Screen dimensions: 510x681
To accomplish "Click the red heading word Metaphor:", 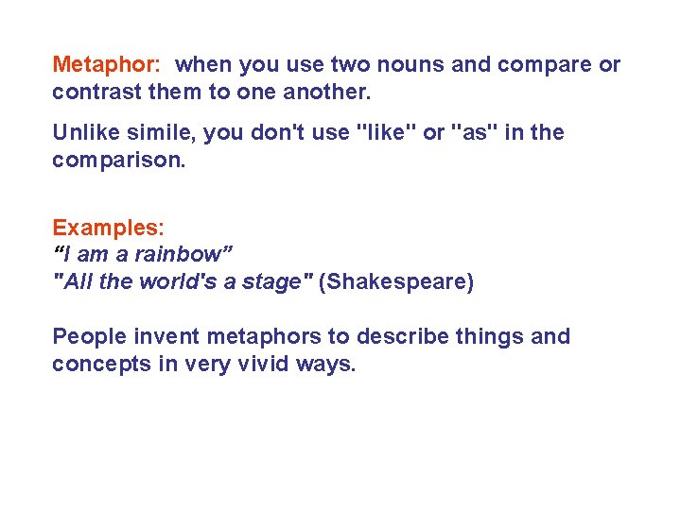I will (x=107, y=65).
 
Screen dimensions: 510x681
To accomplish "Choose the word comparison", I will (x=117, y=161).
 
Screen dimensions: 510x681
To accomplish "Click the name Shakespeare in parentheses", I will (x=396, y=281).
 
